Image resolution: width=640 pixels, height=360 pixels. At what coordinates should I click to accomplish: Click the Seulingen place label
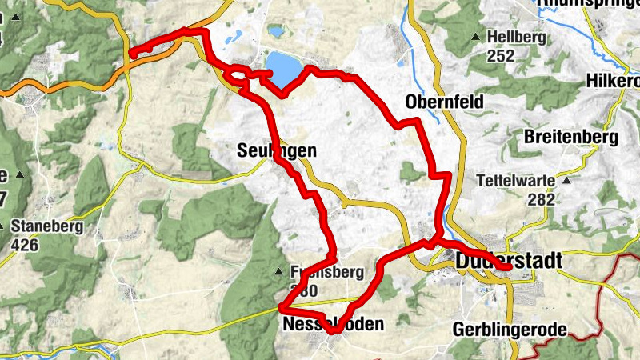click(277, 150)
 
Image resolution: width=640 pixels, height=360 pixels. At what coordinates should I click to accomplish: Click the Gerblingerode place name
click(510, 330)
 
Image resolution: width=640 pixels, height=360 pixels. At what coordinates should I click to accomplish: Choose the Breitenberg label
click(571, 138)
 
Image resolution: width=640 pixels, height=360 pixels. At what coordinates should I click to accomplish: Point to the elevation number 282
click(541, 199)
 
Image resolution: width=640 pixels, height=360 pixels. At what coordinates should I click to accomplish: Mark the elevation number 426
click(25, 245)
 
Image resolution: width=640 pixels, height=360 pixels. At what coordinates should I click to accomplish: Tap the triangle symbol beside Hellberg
click(477, 38)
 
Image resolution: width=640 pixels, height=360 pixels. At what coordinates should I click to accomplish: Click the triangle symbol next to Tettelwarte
click(566, 181)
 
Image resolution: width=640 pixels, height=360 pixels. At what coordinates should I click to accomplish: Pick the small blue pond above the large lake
click(276, 32)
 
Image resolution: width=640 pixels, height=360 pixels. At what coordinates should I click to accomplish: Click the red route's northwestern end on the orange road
click(131, 54)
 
